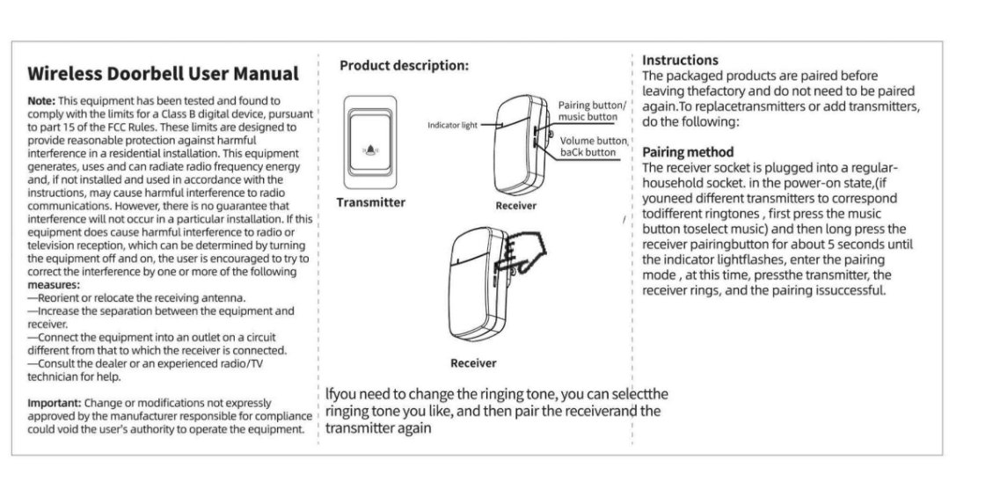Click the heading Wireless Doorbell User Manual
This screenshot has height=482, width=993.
[163, 73]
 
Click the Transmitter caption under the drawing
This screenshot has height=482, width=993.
[371, 202]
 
